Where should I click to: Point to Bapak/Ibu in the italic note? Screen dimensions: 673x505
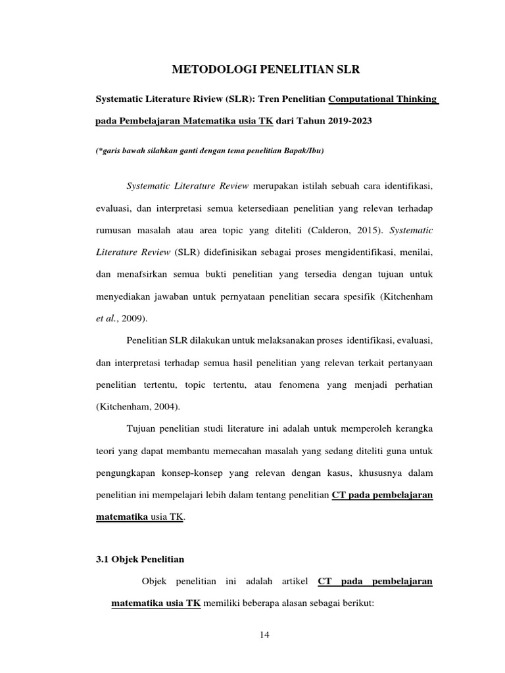click(307, 151)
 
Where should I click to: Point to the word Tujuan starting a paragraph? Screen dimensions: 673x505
click(141, 429)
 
